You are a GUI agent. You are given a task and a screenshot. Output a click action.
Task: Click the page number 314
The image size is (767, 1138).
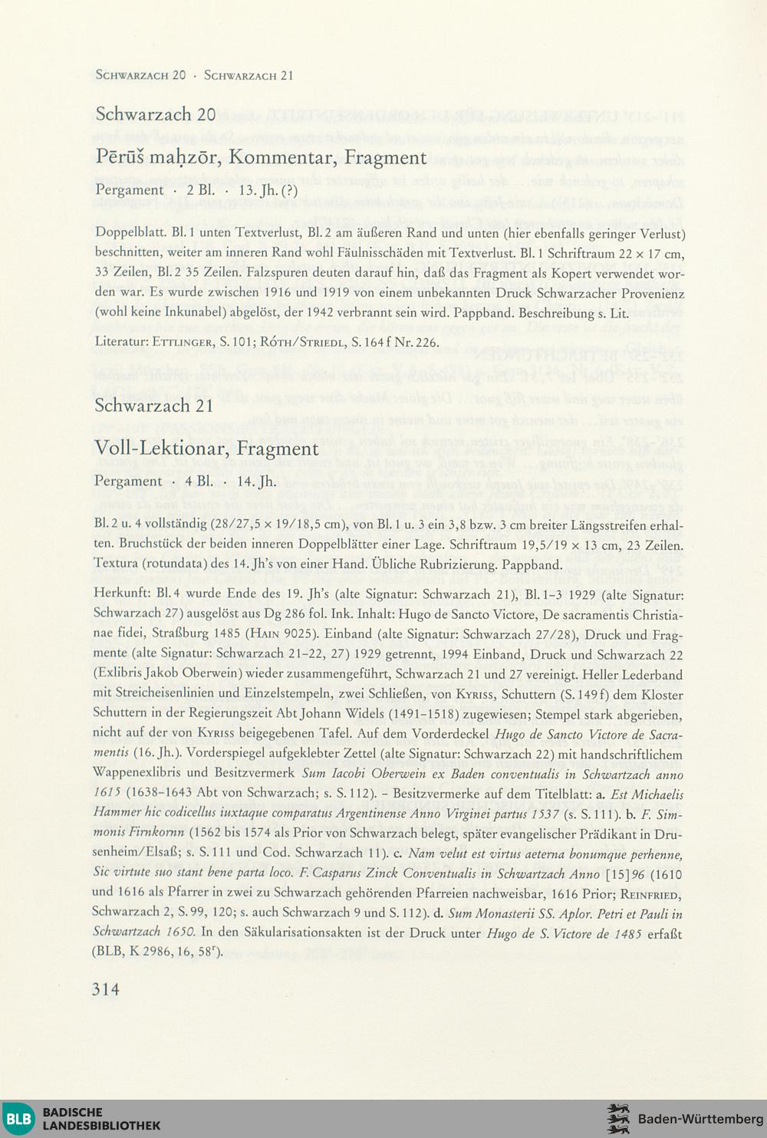[x=106, y=989]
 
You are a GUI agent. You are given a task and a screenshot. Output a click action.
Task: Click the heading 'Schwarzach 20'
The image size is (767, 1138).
[x=156, y=114]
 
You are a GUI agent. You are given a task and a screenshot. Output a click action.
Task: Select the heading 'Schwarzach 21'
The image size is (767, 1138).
[x=153, y=406]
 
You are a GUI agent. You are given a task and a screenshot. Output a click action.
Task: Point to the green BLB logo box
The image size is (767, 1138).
[x=18, y=1119]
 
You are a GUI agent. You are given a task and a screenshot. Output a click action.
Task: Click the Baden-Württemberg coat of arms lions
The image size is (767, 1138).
[x=618, y=1119]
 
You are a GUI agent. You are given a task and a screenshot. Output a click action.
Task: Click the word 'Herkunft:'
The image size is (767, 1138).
[x=121, y=594]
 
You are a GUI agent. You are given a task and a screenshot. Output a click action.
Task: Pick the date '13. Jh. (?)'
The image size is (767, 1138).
[x=268, y=190]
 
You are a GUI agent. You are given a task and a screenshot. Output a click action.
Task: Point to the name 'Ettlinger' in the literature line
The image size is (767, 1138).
[x=184, y=342]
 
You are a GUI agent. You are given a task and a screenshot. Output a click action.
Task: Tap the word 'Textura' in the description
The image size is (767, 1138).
[x=115, y=565]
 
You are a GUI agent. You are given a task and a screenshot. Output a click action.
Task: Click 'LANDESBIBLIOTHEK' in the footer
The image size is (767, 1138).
[x=101, y=1126]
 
